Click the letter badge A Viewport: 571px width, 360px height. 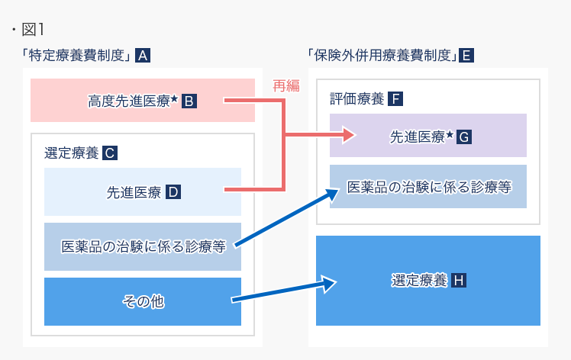pyautogui.click(x=142, y=55)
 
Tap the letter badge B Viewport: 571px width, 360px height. pyautogui.click(x=189, y=100)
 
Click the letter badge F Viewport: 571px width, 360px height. pyautogui.click(x=395, y=98)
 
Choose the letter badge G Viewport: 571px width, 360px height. pyautogui.click(x=464, y=137)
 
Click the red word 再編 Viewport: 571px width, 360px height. pyautogui.click(x=286, y=86)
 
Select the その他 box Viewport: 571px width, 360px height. pyautogui.click(x=143, y=301)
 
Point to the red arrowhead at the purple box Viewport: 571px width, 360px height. pyautogui.click(x=350, y=137)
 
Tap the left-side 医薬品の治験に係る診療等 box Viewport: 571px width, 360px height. pyautogui.click(x=143, y=246)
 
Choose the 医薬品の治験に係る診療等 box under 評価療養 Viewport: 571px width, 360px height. pyautogui.click(x=427, y=186)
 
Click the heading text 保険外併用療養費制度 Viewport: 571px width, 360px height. pyautogui.click(x=382, y=55)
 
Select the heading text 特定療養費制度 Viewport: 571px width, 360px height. pyautogui.click(x=78, y=55)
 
